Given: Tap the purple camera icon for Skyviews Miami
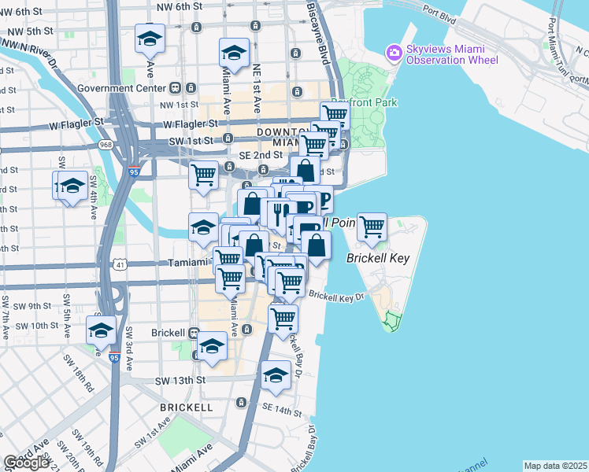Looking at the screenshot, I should click(x=393, y=53).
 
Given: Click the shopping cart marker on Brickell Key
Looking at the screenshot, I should click(x=372, y=227).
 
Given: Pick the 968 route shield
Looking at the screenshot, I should click(x=106, y=145).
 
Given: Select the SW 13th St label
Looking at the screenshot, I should click(x=180, y=381).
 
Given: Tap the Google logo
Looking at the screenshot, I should click(x=26, y=463).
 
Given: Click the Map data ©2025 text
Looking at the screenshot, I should click(x=556, y=466).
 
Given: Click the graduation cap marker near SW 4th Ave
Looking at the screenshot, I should click(x=71, y=186).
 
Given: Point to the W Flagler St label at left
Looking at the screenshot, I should click(x=76, y=123).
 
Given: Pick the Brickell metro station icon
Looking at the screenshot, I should click(x=194, y=332).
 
